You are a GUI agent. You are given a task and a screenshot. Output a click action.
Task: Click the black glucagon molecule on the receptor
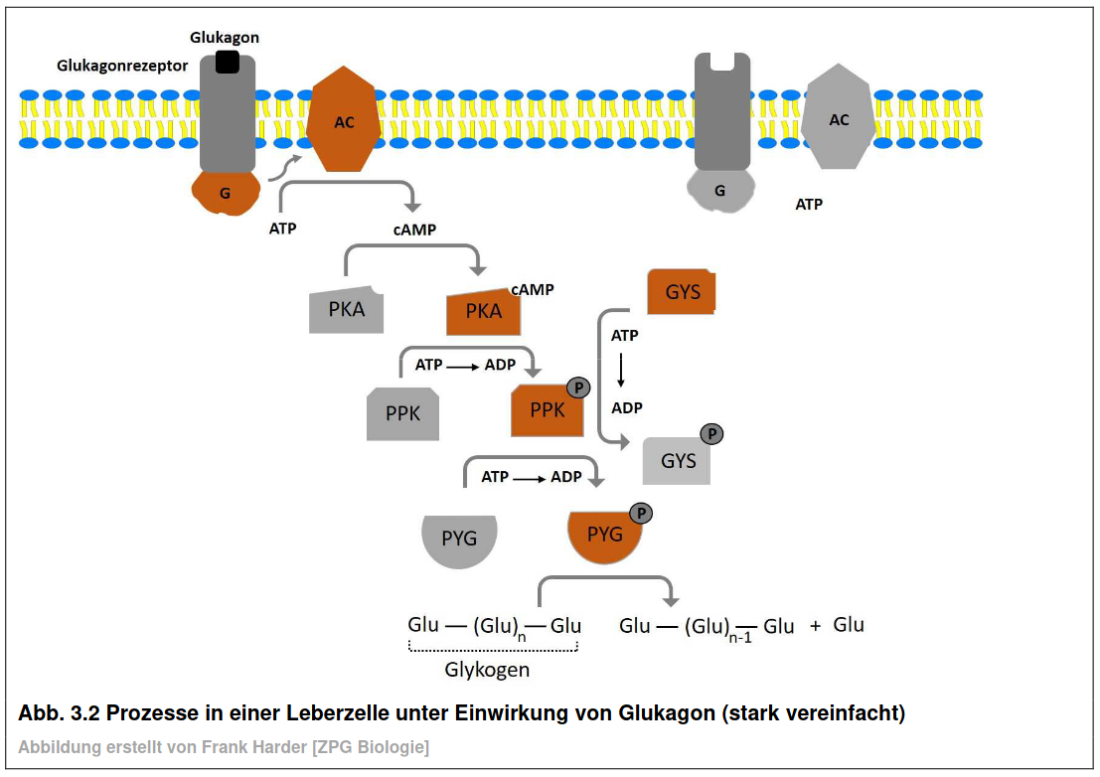pyautogui.click(x=227, y=62)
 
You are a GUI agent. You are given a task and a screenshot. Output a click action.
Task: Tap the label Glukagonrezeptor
pyautogui.click(x=122, y=66)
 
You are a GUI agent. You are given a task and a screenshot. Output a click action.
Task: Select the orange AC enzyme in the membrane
pyautogui.click(x=344, y=119)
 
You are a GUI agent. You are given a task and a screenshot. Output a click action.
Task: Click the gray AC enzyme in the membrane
pyautogui.click(x=839, y=116)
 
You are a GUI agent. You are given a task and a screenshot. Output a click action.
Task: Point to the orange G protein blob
pyautogui.click(x=226, y=193)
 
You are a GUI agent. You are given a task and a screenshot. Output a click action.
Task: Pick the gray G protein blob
pyautogui.click(x=720, y=190)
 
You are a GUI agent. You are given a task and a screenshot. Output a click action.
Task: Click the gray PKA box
pyautogui.click(x=347, y=309)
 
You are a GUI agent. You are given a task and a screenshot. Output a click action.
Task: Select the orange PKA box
pyautogui.click(x=483, y=311)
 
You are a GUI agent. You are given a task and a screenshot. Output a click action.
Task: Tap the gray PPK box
pyautogui.click(x=402, y=413)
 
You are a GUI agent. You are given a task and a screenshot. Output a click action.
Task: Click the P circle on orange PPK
pyautogui.click(x=578, y=388)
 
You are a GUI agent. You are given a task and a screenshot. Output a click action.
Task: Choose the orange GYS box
pyautogui.click(x=682, y=292)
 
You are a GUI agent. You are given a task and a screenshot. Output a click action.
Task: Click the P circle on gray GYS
pyautogui.click(x=711, y=434)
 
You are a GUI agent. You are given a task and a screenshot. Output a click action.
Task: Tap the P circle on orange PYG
pyautogui.click(x=641, y=514)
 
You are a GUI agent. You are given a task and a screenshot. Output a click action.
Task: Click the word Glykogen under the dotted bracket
pyautogui.click(x=487, y=670)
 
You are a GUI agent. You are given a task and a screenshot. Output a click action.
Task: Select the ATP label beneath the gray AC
pyautogui.click(x=809, y=204)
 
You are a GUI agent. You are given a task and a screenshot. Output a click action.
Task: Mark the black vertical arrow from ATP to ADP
pyautogui.click(x=621, y=371)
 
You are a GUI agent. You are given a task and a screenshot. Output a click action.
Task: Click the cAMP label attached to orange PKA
pyautogui.click(x=533, y=289)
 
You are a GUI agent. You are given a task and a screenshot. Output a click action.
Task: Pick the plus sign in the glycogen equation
pyautogui.click(x=815, y=626)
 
